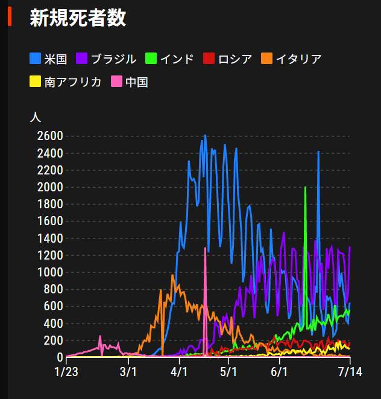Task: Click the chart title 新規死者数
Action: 78,18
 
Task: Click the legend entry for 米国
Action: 51,59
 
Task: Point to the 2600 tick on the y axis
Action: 49,136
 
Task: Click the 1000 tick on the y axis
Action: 49,272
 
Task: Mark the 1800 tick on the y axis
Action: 49,204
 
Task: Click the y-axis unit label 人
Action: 36,117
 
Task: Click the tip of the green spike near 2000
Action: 306,188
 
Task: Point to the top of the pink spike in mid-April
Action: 206,248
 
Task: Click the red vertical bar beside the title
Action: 10,17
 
